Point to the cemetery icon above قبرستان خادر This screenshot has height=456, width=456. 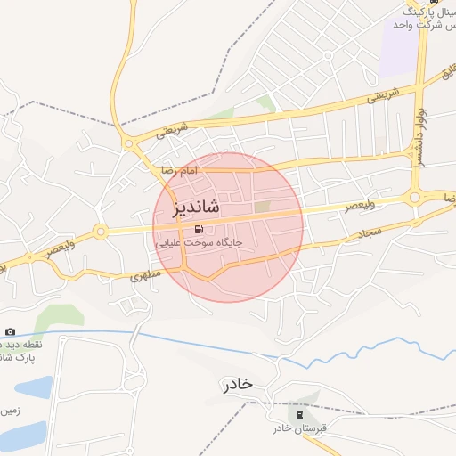pos(299,413)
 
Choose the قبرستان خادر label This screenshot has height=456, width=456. pos(300,428)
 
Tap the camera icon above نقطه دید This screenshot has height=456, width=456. pos(10,332)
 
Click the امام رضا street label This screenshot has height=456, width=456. pos(178,169)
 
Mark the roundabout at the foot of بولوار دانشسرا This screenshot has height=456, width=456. pos(415,198)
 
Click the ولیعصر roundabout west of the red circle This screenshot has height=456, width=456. pos(101,232)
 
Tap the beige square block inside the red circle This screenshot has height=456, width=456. pos(262,207)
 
